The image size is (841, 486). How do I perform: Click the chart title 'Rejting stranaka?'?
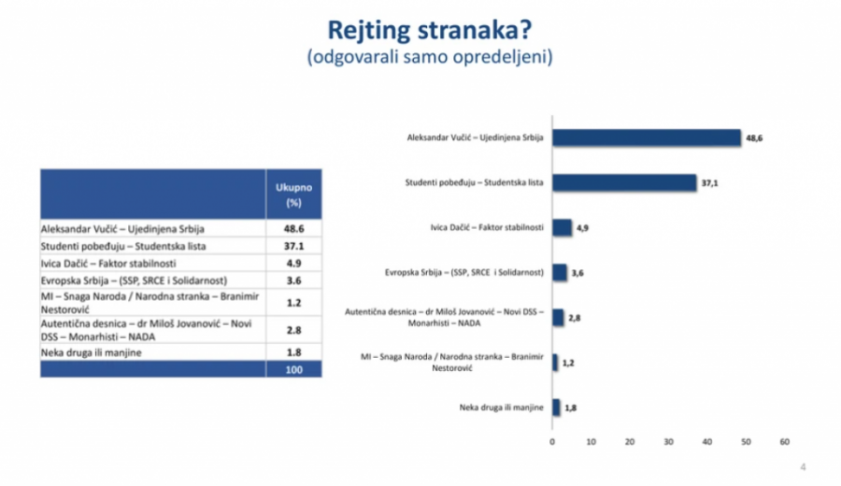430,30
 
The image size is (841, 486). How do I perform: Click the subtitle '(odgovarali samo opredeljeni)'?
430,57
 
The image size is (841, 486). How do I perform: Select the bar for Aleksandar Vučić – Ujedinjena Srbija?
647,138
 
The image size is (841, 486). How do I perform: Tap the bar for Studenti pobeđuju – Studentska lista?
624,183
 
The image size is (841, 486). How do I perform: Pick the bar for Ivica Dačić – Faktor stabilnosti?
563,227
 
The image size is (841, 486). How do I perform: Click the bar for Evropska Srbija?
560,273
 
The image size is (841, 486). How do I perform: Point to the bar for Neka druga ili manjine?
556,407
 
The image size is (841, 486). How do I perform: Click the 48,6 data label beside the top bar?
754,138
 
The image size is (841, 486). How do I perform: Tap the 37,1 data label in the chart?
709,183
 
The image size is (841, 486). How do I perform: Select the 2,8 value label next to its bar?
575,318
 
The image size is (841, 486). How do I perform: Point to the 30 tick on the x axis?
668,442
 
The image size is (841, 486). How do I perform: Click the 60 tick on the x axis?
785,442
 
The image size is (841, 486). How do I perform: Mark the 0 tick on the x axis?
552,442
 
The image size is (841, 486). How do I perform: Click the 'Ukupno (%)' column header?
294,194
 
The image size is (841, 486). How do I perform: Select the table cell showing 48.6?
294,229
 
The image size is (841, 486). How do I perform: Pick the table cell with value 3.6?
294,280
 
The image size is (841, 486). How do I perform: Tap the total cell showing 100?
294,369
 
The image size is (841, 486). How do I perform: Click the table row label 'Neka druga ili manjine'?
92,353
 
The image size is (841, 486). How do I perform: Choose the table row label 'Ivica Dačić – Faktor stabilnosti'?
108,264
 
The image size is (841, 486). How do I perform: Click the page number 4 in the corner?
803,467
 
